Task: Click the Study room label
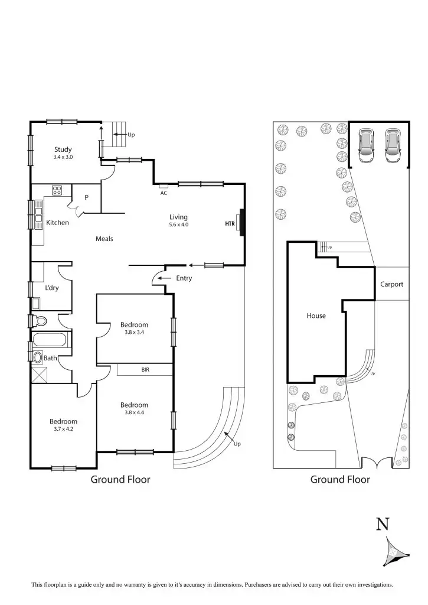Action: point(63,149)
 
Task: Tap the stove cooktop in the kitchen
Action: point(57,190)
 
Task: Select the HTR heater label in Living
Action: point(230,224)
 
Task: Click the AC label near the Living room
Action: point(164,193)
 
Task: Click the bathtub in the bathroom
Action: point(51,340)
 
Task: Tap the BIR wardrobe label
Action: point(145,370)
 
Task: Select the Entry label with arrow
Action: point(184,278)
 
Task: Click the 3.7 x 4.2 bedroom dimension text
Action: point(63,429)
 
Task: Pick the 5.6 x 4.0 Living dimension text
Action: point(178,225)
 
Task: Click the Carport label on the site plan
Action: point(391,284)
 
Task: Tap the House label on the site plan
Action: point(316,315)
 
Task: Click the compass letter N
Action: point(383,523)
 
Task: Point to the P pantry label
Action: point(86,197)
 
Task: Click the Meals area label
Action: point(104,239)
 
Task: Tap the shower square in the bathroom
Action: point(39,375)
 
